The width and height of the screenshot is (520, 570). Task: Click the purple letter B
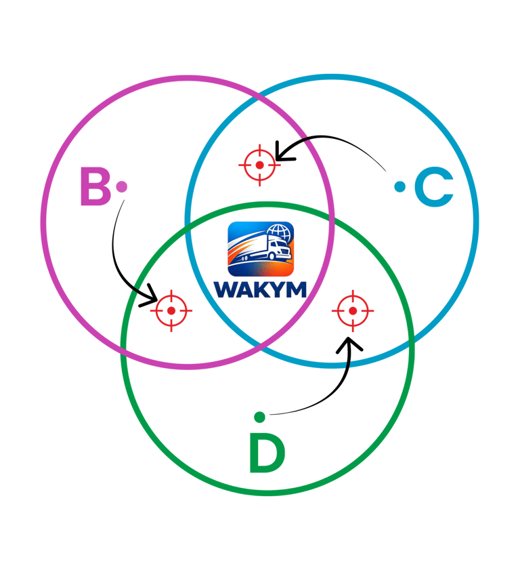point(95,186)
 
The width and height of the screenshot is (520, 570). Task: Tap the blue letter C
point(434,187)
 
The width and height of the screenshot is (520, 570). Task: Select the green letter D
point(267,453)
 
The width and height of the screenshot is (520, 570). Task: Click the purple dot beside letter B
point(121,187)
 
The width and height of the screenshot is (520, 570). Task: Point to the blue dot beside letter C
point(399,187)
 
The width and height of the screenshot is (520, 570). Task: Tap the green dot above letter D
point(259,417)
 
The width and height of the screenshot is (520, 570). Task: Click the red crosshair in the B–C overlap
point(259,165)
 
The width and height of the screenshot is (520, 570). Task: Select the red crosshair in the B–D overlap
point(171,311)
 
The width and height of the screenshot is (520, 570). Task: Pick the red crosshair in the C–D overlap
point(353,311)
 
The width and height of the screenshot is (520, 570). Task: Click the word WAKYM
point(260,289)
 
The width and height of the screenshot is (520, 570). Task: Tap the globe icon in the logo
point(278,233)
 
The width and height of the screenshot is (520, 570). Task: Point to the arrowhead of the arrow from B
point(152,299)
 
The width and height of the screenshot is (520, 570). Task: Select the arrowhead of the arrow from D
point(349,344)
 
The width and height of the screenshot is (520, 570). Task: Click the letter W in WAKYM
point(226,289)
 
